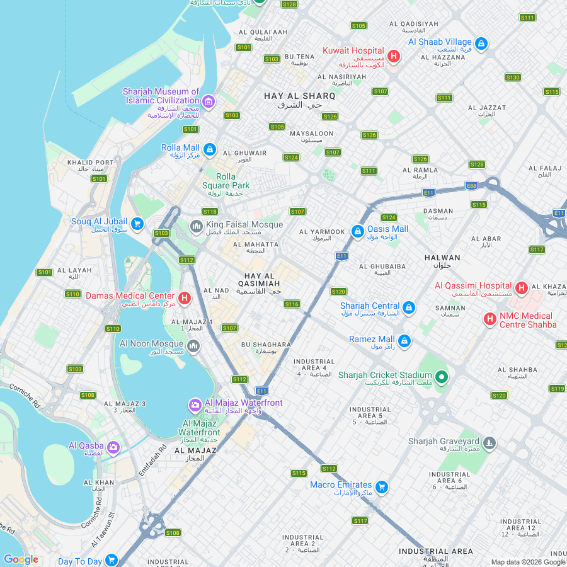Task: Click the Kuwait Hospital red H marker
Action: pyautogui.click(x=394, y=57)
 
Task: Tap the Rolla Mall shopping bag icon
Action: pyautogui.click(x=210, y=150)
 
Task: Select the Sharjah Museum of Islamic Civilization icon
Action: pyautogui.click(x=209, y=101)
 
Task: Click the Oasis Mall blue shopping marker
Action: pyautogui.click(x=357, y=232)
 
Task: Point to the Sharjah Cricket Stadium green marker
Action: pyautogui.click(x=442, y=377)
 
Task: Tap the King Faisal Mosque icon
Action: pyautogui.click(x=196, y=226)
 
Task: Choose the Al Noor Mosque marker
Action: pyautogui.click(x=193, y=346)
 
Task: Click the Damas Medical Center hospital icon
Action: pyautogui.click(x=184, y=298)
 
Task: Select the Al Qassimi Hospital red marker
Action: pyautogui.click(x=521, y=289)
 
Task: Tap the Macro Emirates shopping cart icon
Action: pyautogui.click(x=381, y=487)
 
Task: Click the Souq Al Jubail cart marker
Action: pyautogui.click(x=137, y=224)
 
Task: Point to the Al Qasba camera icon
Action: pyautogui.click(x=113, y=447)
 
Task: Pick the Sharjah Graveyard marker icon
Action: pyautogui.click(x=489, y=444)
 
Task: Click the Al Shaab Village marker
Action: pyautogui.click(x=481, y=43)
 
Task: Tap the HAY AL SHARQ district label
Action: pyautogui.click(x=299, y=96)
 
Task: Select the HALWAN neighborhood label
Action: pyautogui.click(x=442, y=258)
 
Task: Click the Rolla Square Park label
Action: pyautogui.click(x=226, y=181)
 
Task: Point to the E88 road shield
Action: pyautogui.click(x=471, y=185)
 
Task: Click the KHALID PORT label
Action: pyautogui.click(x=91, y=163)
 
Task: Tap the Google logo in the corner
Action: pyautogui.click(x=21, y=559)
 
